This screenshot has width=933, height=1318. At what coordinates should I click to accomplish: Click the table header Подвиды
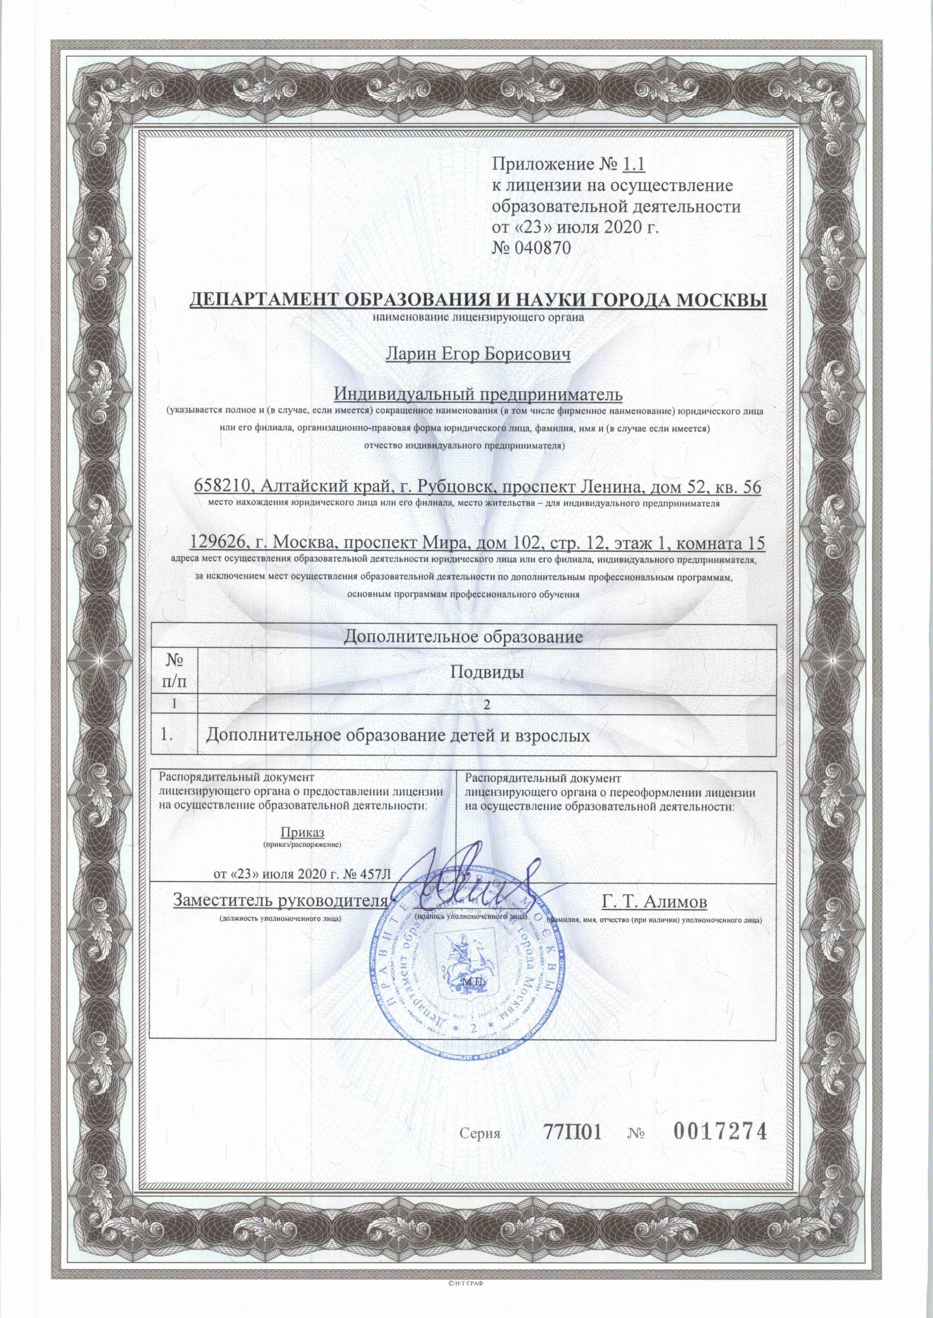click(486, 673)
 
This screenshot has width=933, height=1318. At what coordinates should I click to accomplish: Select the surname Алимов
click(677, 902)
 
